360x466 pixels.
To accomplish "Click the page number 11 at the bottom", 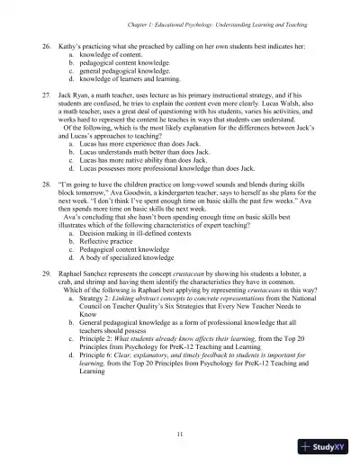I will [180, 435].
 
